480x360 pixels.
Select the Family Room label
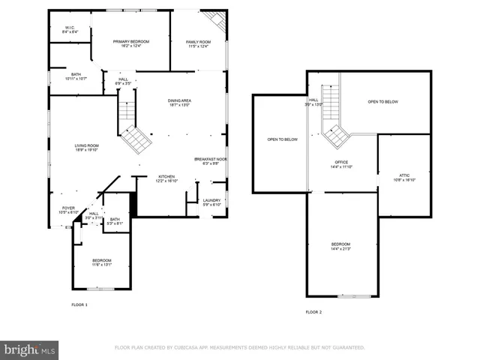(x=199, y=44)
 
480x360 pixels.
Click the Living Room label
(x=86, y=148)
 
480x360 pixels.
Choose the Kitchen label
(x=166, y=178)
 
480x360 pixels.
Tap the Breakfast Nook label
(x=211, y=161)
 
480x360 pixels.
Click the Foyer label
(x=68, y=210)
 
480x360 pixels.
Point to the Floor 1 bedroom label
(x=101, y=262)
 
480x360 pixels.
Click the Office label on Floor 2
(x=341, y=164)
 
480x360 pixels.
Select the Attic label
(x=404, y=178)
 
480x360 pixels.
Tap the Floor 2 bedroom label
(x=341, y=247)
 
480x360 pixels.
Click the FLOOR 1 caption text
(x=79, y=304)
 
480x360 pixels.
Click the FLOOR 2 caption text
(x=313, y=311)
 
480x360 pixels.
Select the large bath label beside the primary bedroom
(x=76, y=76)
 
